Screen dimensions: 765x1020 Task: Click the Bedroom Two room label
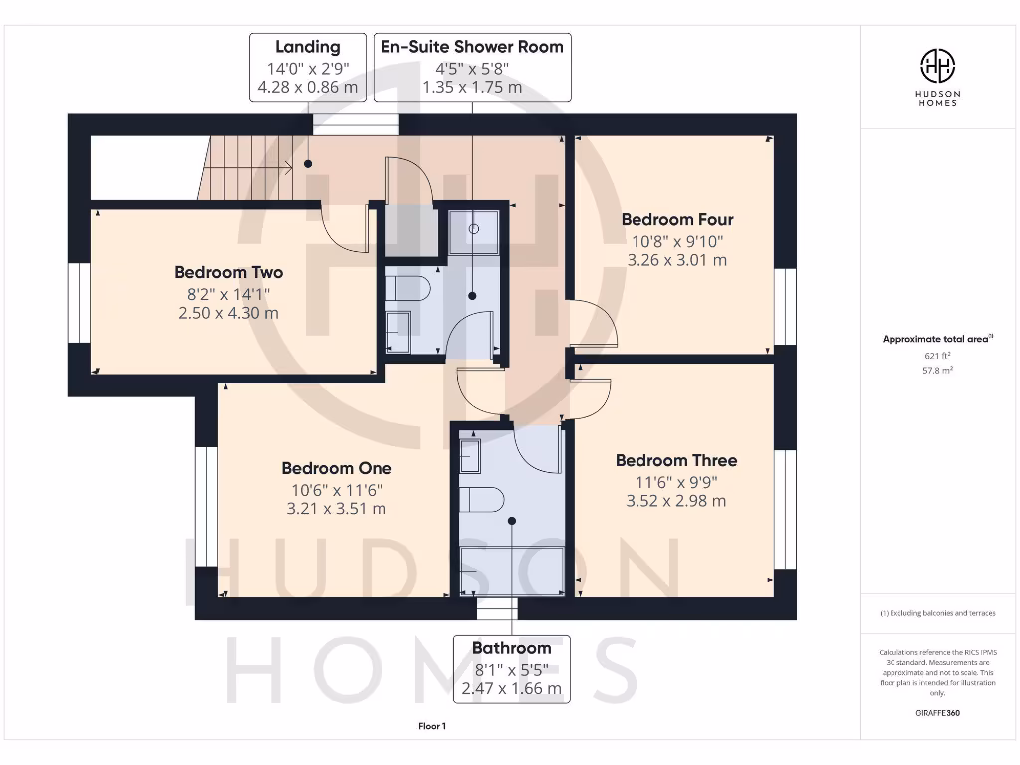point(228,272)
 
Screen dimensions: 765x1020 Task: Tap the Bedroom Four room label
point(676,219)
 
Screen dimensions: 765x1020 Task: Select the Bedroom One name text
point(336,468)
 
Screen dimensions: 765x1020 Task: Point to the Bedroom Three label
point(675,460)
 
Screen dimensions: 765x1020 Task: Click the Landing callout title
point(307,47)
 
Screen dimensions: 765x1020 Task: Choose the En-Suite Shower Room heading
point(472,47)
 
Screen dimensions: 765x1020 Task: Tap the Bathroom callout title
point(511,648)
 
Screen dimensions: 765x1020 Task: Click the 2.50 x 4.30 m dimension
point(228,313)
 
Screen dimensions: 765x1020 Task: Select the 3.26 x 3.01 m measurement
point(676,260)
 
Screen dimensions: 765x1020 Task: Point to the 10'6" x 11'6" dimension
point(336,489)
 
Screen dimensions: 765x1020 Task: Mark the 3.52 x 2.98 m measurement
point(675,501)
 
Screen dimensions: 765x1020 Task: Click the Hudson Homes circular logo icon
point(936,67)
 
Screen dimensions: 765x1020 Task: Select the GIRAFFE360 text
point(936,713)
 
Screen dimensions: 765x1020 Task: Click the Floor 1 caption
point(432,727)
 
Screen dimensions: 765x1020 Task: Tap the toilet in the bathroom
point(482,499)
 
